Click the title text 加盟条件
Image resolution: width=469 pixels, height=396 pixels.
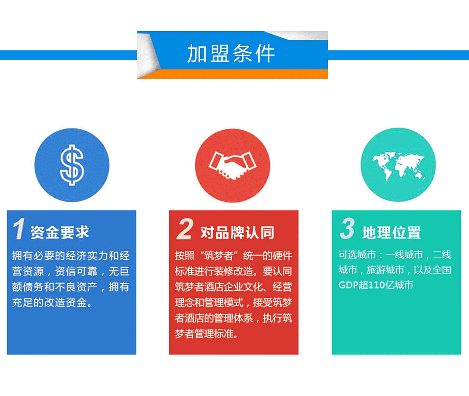[x=231, y=53]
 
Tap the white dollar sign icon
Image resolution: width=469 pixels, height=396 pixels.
[x=72, y=165]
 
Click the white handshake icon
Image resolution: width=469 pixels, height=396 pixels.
[x=232, y=165]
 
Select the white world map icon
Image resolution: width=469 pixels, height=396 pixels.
[x=398, y=165]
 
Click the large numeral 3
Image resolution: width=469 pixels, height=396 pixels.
[x=347, y=228]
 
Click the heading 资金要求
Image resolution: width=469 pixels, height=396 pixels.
[x=60, y=233]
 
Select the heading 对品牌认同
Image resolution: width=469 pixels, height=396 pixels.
[x=237, y=233]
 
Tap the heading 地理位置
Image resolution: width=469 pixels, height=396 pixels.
[x=391, y=233]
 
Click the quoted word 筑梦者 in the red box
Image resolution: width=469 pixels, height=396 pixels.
[x=219, y=256]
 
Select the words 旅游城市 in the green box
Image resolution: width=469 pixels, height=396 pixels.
[x=385, y=270]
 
